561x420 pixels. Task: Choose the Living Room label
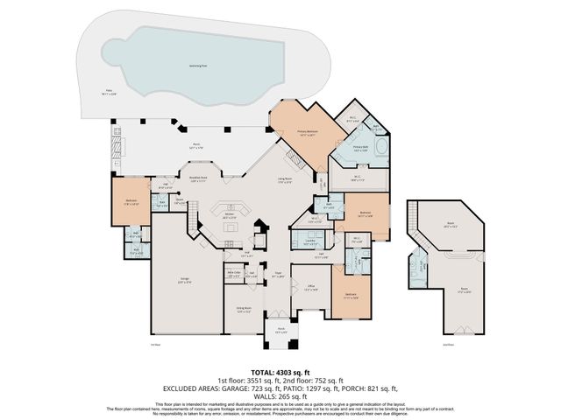click(x=285, y=181)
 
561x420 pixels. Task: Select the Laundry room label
click(x=309, y=241)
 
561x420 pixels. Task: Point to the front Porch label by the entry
click(x=280, y=332)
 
